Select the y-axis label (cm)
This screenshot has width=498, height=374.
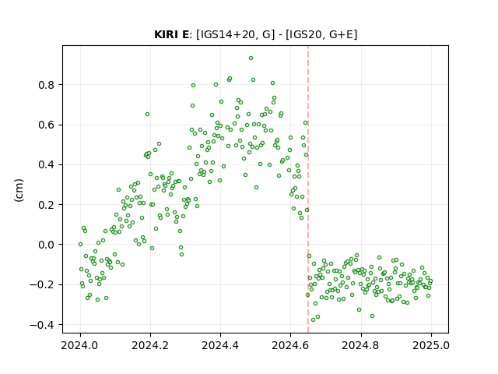tap(19, 190)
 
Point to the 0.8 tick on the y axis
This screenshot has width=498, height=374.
tap(46, 85)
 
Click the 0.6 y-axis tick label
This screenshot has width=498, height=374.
tap(46, 125)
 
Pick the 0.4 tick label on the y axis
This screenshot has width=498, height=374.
tap(46, 164)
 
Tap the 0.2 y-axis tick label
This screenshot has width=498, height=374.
tap(46, 205)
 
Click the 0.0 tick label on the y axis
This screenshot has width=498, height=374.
tap(46, 245)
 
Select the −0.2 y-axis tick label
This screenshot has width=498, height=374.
tap(42, 284)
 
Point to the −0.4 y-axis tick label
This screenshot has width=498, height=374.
tap(42, 325)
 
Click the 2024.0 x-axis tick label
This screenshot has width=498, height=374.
tap(80, 345)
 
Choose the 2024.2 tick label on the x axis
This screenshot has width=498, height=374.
tap(150, 345)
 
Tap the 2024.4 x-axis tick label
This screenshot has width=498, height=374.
tap(220, 345)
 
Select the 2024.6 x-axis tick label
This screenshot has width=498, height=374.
tap(290, 345)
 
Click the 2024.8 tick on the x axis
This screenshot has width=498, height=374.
tap(361, 345)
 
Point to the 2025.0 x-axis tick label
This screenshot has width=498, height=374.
tap(431, 345)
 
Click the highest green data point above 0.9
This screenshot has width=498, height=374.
tap(251, 58)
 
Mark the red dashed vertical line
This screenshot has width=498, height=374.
tap(308, 189)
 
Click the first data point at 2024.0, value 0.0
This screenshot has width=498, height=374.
tap(80, 244)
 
